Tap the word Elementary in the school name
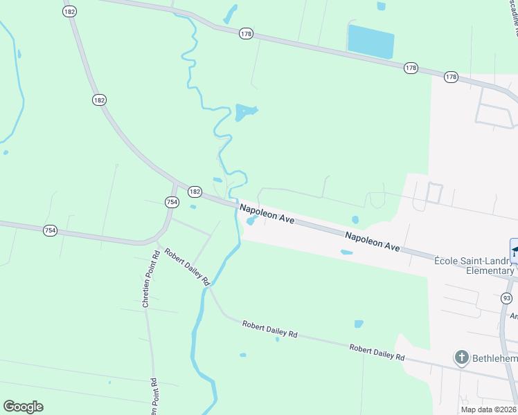(x=488, y=270)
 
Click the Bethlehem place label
(x=494, y=358)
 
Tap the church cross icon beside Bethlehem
(x=462, y=358)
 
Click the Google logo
(x=23, y=407)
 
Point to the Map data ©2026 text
(x=488, y=409)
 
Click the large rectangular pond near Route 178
(x=370, y=41)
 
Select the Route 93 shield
(x=507, y=298)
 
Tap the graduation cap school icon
(x=514, y=250)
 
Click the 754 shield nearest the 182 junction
(x=172, y=201)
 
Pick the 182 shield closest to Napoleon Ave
(x=195, y=192)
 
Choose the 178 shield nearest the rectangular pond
(x=411, y=67)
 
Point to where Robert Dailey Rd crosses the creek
(x=208, y=286)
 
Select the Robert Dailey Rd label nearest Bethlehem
(x=377, y=353)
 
